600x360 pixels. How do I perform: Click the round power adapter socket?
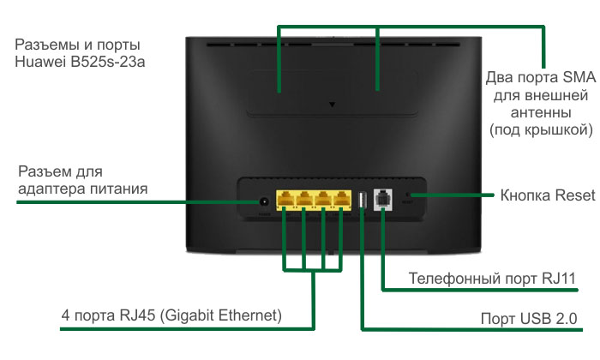tap(263, 201)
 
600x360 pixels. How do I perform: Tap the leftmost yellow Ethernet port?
tap(285, 200)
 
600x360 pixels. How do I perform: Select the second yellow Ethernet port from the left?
tap(304, 200)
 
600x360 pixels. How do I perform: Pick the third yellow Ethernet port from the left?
tap(323, 200)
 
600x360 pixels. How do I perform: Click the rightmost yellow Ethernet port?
tap(342, 200)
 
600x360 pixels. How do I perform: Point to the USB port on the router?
tap(362, 200)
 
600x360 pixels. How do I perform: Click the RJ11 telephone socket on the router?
tap(383, 200)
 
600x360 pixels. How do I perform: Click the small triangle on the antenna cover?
tap(333, 104)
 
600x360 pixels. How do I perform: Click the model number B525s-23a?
tap(108, 62)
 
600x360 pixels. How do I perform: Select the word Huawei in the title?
tap(40, 62)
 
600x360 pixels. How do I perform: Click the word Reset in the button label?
tap(575, 195)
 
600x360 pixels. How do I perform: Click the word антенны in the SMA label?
tap(541, 113)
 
